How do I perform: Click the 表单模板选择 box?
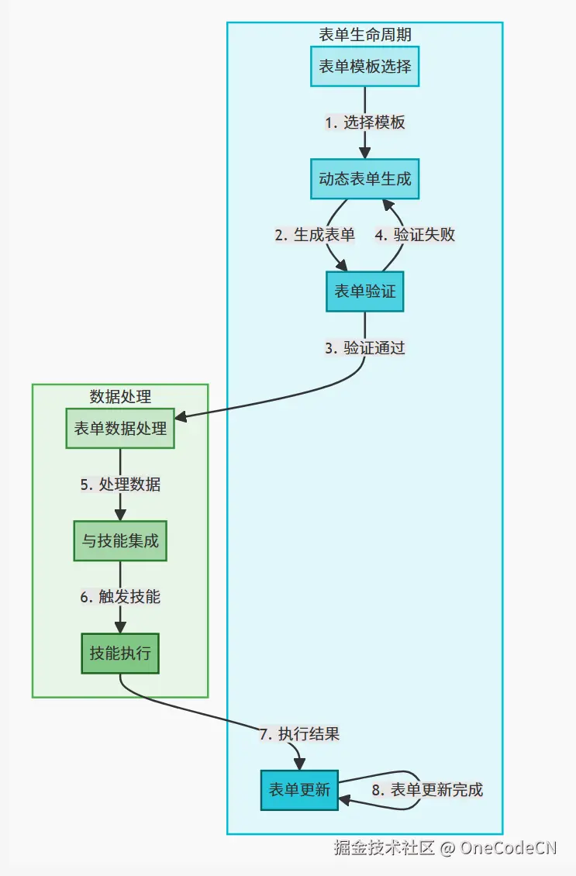pos(364,67)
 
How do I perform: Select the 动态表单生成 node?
pos(364,179)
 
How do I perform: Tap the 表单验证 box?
pos(364,291)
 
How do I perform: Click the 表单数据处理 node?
pos(120,428)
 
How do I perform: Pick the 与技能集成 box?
pos(120,540)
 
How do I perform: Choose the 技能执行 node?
pos(120,654)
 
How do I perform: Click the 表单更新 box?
pos(299,790)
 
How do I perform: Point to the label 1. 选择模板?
pos(364,122)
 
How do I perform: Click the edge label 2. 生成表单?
pos(315,235)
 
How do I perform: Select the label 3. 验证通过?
pos(364,348)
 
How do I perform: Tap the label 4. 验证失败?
pos(415,235)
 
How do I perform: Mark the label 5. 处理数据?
pos(120,485)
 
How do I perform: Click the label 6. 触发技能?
pos(120,597)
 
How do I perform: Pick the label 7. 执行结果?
pos(299,733)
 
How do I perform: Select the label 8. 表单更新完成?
pos(427,790)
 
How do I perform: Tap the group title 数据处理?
pos(120,396)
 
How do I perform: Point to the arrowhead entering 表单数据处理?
pos(181,418)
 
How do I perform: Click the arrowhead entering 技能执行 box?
pos(120,628)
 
